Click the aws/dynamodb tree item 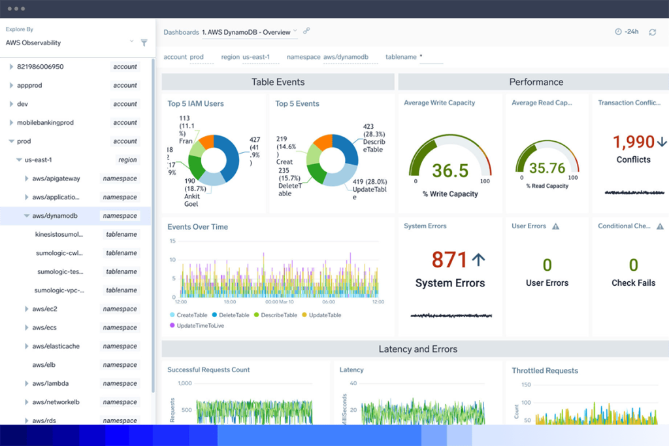56,216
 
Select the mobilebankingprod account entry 45,122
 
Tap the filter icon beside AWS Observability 144,43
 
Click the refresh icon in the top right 652,32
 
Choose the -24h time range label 631,32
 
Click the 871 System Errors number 449,260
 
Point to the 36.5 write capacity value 450,171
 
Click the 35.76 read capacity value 547,168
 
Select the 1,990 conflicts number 634,142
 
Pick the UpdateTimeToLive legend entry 200,325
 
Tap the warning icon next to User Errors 556,226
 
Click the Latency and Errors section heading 418,349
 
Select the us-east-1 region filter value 256,57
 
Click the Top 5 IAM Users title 195,103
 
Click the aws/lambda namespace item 50,383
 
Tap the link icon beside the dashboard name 306,31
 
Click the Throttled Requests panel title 545,370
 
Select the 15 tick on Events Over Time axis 172,241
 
